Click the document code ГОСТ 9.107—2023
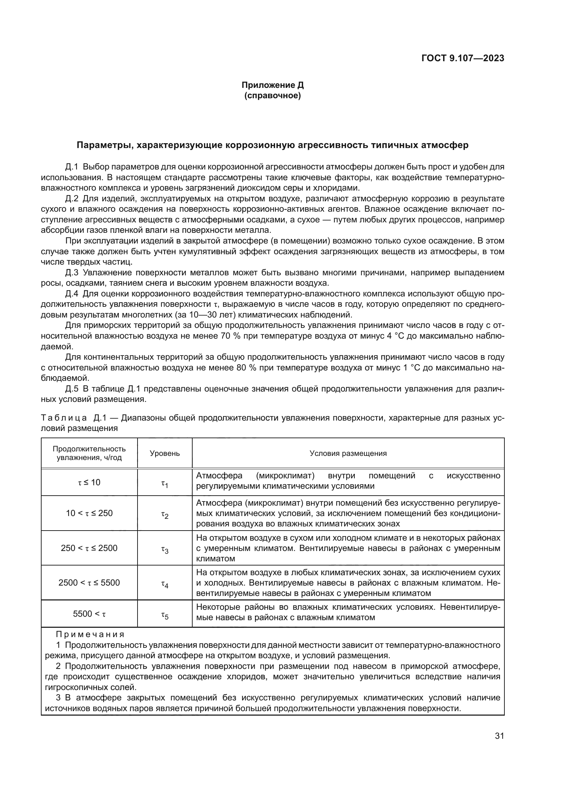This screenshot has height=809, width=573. (462, 58)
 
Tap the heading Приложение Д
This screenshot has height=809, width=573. (272, 85)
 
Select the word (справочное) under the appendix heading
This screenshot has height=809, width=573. (272, 95)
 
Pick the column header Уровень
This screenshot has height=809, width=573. (165, 453)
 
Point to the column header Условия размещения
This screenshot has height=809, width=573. (348, 453)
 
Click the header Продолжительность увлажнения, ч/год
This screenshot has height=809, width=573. (89, 453)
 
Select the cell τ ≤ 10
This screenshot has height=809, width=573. (89, 482)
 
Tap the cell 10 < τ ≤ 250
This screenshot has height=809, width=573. (89, 513)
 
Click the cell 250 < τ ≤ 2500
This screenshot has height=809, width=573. (89, 548)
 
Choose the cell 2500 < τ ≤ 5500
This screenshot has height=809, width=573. (89, 582)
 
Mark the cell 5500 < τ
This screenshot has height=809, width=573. (89, 614)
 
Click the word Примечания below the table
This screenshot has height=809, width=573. (90, 635)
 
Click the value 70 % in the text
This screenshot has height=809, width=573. (230, 336)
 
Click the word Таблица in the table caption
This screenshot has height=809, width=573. (64, 418)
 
